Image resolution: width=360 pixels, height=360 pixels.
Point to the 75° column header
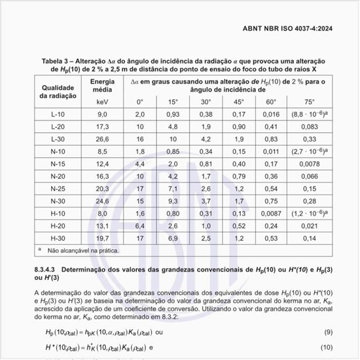(x=308, y=101)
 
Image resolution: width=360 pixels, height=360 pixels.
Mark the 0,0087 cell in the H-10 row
(x=271, y=213)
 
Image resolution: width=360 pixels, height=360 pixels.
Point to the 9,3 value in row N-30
(x=172, y=201)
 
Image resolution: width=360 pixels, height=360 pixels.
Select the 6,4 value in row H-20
(x=139, y=226)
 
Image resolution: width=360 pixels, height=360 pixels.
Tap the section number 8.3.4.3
(x=48, y=269)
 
